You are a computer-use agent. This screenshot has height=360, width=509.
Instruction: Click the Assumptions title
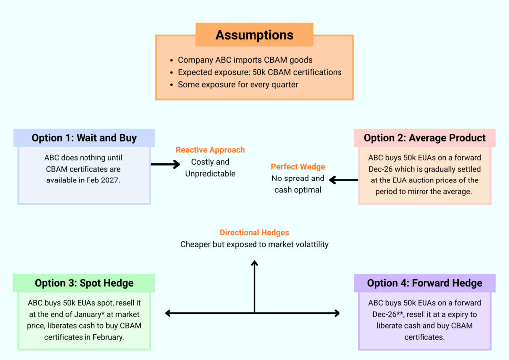pos(254,35)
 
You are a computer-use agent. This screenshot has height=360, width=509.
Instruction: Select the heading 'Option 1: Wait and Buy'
pos(84,138)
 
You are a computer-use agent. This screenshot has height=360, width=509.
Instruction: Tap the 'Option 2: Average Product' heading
pos(424,138)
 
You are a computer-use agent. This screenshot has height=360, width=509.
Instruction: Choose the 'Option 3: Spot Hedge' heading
pos(84,283)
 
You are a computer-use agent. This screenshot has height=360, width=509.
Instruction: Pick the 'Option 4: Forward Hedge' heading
pos(424,283)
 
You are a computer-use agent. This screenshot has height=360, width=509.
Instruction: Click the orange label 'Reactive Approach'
pos(210,150)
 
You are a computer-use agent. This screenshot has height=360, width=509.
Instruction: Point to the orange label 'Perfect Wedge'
pos(298,167)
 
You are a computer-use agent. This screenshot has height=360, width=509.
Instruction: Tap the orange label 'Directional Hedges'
pos(254,232)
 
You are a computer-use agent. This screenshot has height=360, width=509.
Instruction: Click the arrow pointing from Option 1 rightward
pos(166,164)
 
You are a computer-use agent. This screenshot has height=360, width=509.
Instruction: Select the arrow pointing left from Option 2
pos(343,180)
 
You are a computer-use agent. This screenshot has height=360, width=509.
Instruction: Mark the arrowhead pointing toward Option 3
pos(168,313)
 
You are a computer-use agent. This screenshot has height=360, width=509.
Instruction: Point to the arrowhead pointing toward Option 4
pos(337,313)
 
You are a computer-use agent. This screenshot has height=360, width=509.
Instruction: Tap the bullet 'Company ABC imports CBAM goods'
pos(245,60)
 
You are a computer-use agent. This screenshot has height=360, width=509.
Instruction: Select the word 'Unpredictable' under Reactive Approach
pos(210,174)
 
